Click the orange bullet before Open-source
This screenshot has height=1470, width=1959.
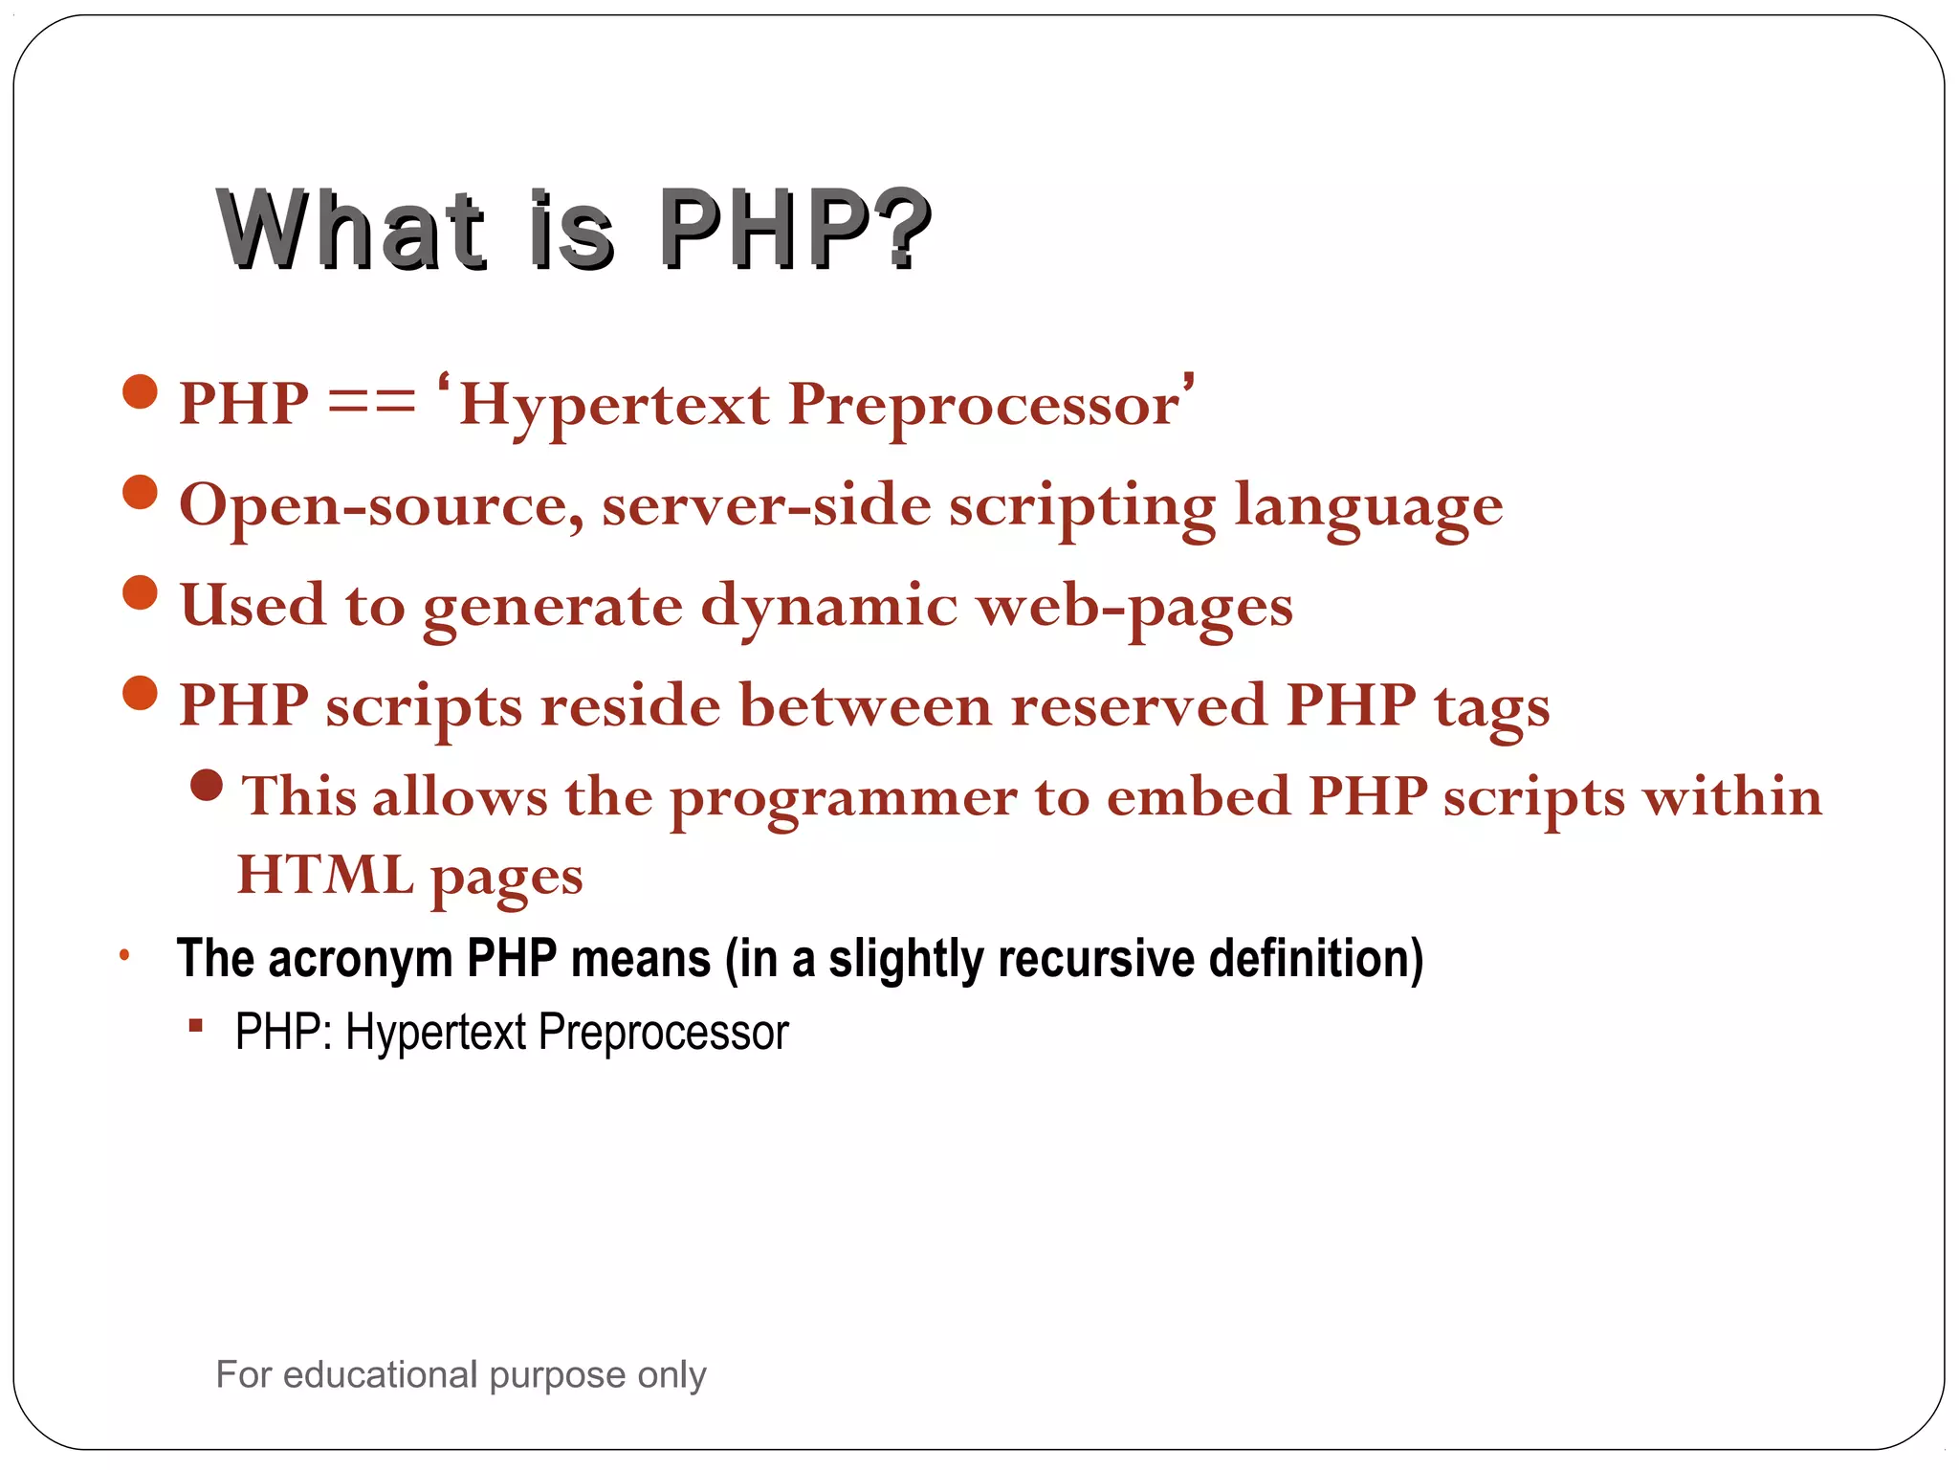141,493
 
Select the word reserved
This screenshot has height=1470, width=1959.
1138,706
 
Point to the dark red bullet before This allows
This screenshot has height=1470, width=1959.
207,786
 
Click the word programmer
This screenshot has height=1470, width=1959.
843,799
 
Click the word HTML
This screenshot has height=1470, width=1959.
325,875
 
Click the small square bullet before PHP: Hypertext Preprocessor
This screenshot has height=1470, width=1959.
196,1027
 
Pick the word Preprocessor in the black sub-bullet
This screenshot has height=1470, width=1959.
663,1033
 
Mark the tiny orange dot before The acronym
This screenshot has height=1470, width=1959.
124,954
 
